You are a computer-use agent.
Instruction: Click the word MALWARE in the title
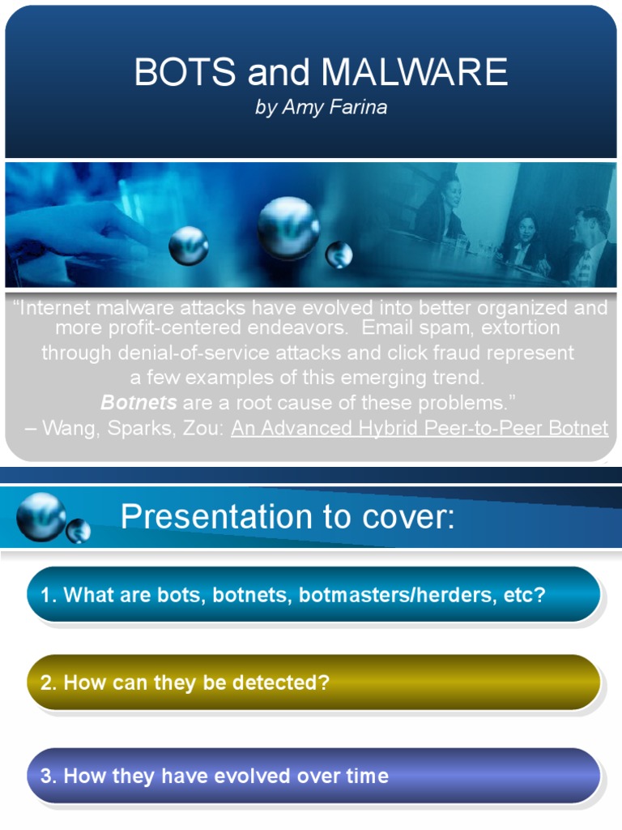tap(415, 73)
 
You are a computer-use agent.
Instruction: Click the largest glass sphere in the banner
tap(288, 228)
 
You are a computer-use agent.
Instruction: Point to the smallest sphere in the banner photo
tap(339, 255)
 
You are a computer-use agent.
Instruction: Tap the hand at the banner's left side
tap(73, 231)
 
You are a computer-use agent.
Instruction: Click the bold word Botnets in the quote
tap(138, 403)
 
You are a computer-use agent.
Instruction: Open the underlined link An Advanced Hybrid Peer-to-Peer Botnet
tap(420, 428)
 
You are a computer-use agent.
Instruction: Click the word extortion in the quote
tap(521, 328)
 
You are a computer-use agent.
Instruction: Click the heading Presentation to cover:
tap(288, 517)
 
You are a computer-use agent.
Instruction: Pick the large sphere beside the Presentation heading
tap(40, 516)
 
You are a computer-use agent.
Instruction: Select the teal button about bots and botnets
tap(313, 596)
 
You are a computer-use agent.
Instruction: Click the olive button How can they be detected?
tap(313, 682)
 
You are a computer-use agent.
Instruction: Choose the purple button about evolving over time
tap(313, 776)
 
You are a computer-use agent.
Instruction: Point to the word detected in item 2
tap(280, 682)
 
